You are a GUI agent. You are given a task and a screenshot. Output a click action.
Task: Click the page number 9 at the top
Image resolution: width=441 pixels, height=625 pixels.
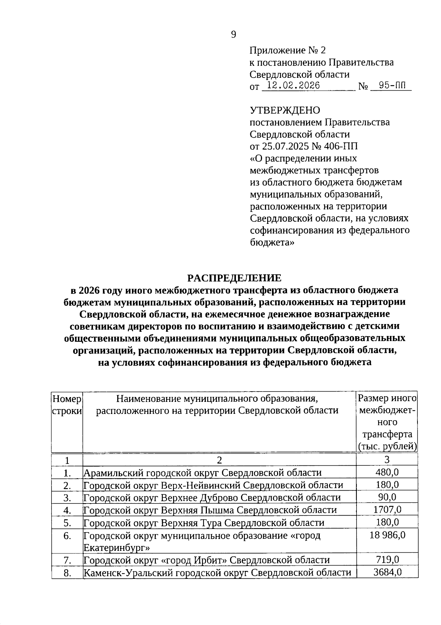coord(233,34)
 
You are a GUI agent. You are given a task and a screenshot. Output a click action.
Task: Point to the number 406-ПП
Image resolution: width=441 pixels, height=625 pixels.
coord(340,146)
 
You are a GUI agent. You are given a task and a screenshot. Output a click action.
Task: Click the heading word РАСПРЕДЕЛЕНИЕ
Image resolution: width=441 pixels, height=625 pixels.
coord(234,278)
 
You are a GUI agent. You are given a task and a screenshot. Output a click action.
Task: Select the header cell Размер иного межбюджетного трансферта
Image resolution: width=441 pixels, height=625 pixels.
coord(387,422)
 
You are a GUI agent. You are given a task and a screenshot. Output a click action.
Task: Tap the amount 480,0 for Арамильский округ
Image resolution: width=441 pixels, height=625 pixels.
coord(387,472)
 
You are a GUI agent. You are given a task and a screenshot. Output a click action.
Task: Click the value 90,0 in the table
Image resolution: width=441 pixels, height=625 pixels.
coord(387,497)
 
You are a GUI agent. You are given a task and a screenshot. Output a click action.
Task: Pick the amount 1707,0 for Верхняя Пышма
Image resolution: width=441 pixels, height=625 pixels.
coord(387,509)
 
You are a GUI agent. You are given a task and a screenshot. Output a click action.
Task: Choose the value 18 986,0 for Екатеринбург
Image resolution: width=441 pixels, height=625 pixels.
coord(387,535)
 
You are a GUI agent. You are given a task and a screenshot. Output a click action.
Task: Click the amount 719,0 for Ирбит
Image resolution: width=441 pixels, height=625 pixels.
coord(387,559)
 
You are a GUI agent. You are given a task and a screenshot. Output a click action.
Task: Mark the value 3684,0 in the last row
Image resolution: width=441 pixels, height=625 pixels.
coord(387,572)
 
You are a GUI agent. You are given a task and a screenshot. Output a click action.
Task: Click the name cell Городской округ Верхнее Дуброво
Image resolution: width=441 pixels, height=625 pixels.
coord(212,498)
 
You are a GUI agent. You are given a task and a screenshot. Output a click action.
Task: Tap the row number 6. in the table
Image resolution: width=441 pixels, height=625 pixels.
coord(67,536)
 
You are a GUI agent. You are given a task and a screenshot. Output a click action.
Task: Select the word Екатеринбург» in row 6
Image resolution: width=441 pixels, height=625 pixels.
coord(116,548)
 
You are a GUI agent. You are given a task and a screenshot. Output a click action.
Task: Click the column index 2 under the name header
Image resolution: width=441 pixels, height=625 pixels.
coord(219,460)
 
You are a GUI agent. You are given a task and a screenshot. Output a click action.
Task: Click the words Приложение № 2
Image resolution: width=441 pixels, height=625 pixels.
coord(287,50)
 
